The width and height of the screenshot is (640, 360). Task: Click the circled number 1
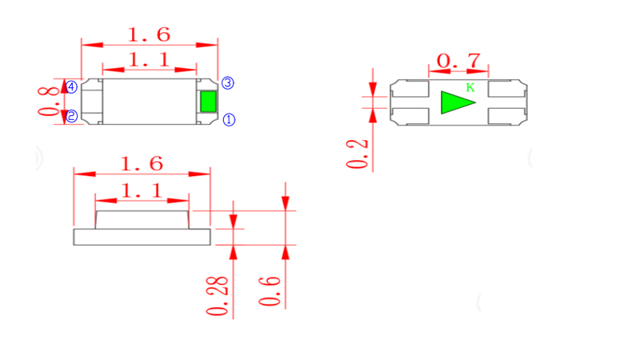[x=228, y=120]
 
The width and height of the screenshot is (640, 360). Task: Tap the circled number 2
[x=71, y=116]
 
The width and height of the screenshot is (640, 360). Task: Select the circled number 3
[x=227, y=82]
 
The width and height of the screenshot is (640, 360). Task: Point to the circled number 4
[x=71, y=86]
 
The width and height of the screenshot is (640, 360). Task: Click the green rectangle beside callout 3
[x=208, y=102]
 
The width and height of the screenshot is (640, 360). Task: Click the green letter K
[x=470, y=88]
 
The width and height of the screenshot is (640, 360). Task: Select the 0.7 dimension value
[x=458, y=60]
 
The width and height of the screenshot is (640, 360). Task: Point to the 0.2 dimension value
[x=359, y=154]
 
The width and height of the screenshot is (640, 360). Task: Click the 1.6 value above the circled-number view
[x=149, y=35]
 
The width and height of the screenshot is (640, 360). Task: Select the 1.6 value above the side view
[x=141, y=165]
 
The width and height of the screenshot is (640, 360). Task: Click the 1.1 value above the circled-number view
[x=149, y=60]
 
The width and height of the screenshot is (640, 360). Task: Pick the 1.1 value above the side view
[x=142, y=190]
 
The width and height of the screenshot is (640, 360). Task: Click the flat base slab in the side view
[x=141, y=236]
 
